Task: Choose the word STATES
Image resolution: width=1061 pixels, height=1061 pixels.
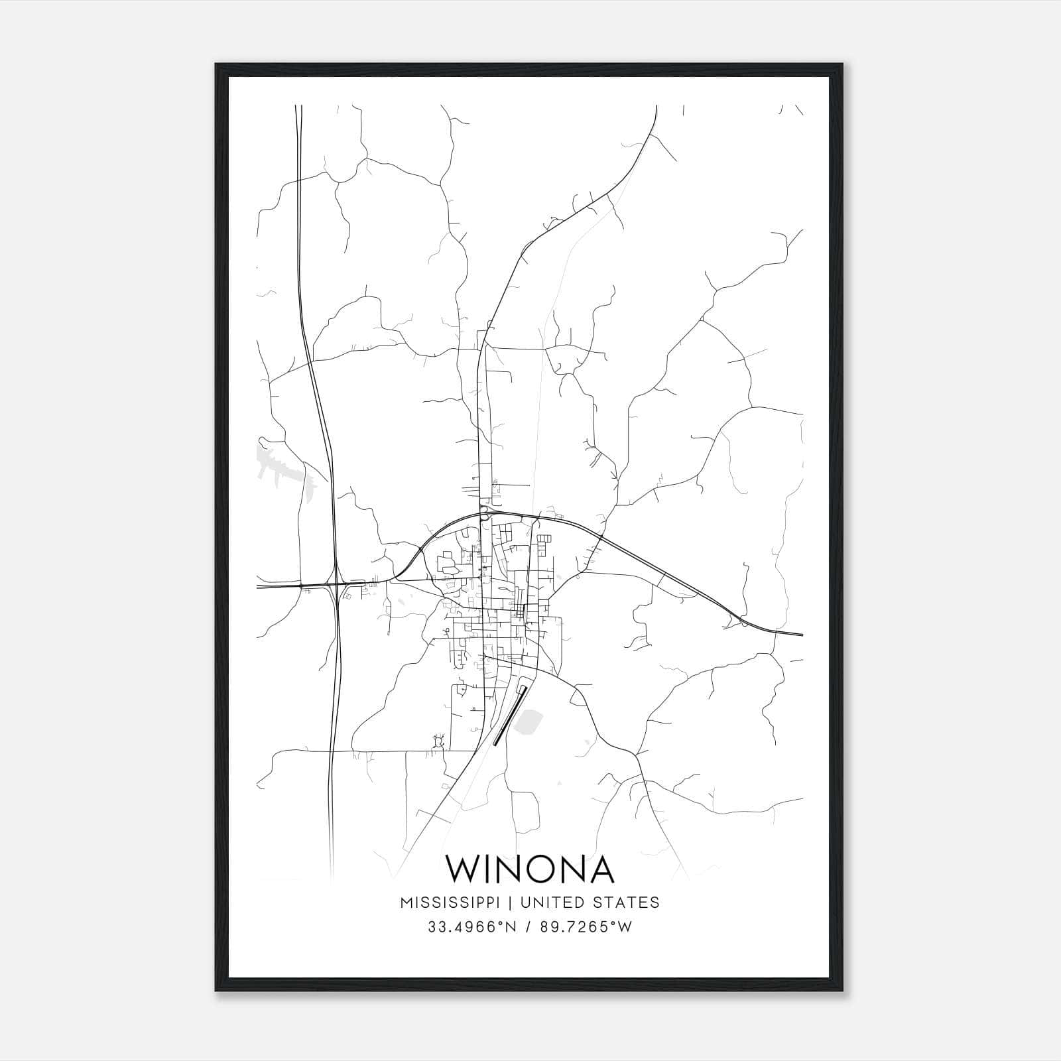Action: pyautogui.click(x=626, y=903)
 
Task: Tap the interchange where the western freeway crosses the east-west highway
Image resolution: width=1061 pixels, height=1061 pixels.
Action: pyautogui.click(x=336, y=585)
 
